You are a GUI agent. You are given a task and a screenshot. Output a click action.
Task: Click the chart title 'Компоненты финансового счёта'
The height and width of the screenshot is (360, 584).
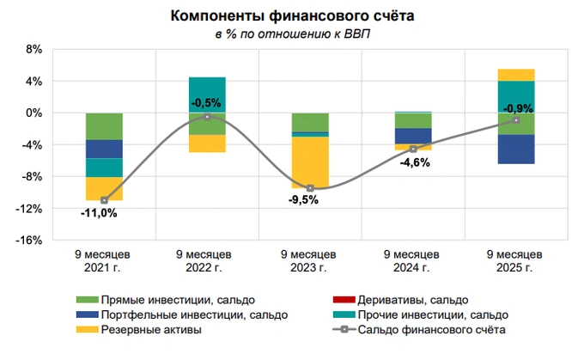(291, 16)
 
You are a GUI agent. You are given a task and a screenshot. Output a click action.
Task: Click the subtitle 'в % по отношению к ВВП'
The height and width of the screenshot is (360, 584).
(291, 34)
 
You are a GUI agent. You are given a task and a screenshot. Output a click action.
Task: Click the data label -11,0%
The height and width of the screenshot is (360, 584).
(100, 213)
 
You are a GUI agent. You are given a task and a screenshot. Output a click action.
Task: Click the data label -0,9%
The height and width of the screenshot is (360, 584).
(516, 108)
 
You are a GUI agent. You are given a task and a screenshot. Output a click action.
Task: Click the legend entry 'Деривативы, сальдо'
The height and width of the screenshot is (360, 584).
(412, 300)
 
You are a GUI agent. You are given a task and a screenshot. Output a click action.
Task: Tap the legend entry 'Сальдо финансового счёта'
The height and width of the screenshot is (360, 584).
(429, 329)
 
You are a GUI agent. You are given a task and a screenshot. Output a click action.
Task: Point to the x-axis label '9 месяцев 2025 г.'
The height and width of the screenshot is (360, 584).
(515, 261)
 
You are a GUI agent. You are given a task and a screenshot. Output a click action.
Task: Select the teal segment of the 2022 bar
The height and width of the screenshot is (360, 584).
(207, 95)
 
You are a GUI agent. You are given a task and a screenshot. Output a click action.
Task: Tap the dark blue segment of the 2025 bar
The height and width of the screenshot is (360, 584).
(516, 149)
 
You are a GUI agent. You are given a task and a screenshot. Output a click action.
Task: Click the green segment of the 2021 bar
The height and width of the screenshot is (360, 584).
(104, 126)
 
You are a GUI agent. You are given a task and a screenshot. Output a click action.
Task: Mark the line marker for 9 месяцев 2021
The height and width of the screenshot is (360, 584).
(104, 200)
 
